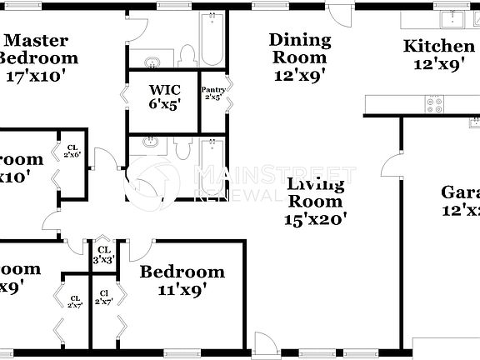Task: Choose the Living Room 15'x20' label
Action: (315, 201)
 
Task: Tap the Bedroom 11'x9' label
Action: (182, 280)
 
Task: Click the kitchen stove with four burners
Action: (435, 104)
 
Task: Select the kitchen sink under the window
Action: (454, 18)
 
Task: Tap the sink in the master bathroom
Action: (152, 61)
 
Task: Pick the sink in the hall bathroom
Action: (151, 142)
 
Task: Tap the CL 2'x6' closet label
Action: (72, 152)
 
